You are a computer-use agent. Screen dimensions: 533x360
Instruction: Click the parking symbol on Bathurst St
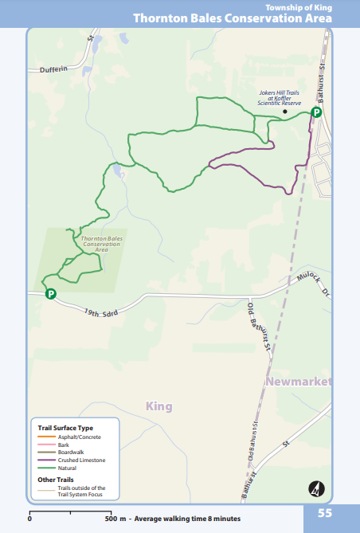tap(316, 112)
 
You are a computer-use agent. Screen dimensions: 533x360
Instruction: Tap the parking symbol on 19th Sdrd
tap(50, 293)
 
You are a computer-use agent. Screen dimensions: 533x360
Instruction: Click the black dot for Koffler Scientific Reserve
tap(284, 112)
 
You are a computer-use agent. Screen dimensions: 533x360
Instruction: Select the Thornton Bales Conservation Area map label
tap(101, 244)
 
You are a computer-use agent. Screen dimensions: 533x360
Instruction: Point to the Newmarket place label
tap(299, 382)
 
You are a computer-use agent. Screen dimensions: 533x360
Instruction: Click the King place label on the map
tap(159, 406)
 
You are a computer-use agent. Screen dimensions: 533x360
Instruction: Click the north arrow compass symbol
tap(316, 488)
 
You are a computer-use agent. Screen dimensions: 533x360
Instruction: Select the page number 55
tap(325, 513)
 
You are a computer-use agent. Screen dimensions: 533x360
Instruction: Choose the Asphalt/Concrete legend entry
tap(80, 437)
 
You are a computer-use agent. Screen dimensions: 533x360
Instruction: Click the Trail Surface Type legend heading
tap(65, 428)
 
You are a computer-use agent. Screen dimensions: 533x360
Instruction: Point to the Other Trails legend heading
tap(55, 480)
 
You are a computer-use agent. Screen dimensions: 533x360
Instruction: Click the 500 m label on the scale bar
tap(117, 519)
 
